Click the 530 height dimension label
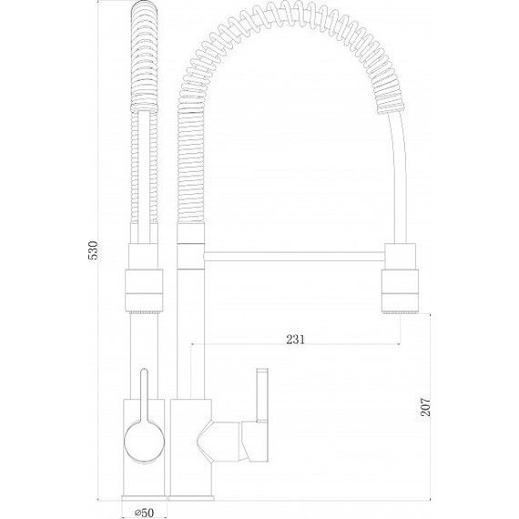coord(94,250)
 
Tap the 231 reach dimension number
coord(295,340)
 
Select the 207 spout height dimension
coord(425,406)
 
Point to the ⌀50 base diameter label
coord(144,513)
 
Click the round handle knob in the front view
coord(144,443)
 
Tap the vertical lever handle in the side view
coord(262,395)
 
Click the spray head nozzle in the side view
coord(400,290)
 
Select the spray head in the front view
coord(144,290)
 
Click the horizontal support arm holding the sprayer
coord(295,257)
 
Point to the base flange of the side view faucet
coord(190,498)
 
